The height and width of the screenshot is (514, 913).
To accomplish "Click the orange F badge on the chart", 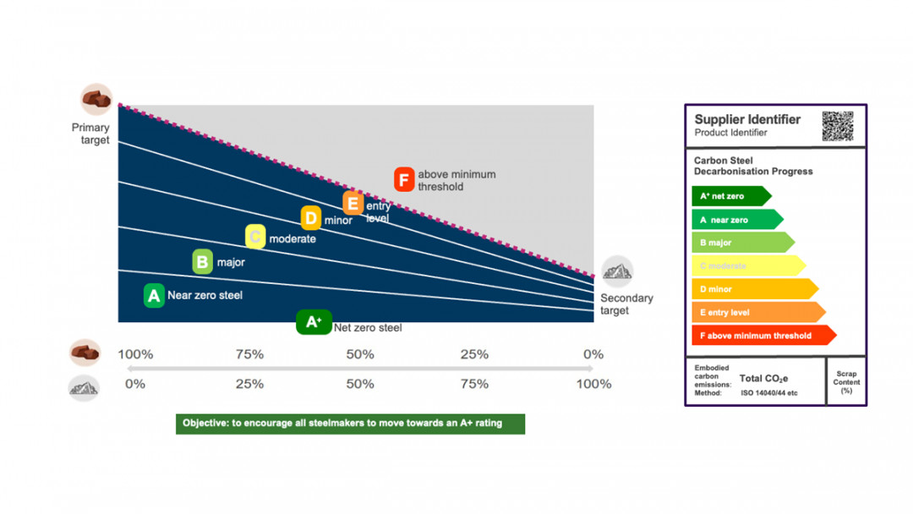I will (x=404, y=179).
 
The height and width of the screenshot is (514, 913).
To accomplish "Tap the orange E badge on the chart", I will (x=353, y=203).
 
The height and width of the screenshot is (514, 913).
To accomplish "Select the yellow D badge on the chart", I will (x=311, y=218).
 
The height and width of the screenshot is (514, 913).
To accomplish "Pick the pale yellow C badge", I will (x=255, y=237).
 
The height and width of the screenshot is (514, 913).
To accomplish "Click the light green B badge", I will (x=202, y=261).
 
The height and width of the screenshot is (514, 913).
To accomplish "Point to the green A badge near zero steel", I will (x=153, y=295).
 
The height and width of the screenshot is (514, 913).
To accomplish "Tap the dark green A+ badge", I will (x=314, y=322).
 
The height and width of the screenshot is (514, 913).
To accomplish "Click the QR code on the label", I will (x=837, y=126).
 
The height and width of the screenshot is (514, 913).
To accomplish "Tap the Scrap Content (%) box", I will (x=846, y=381).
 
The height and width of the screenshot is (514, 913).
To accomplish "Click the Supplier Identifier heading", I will (x=747, y=119).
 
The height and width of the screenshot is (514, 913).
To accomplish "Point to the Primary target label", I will (x=90, y=134).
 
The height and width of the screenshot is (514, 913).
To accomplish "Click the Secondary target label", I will (x=626, y=304).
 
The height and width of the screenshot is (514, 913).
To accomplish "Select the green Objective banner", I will (x=350, y=423).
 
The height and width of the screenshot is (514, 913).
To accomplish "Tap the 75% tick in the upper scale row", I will (x=249, y=354).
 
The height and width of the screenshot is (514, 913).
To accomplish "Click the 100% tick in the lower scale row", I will (x=593, y=384).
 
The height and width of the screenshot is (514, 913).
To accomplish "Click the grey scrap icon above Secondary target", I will (x=617, y=271).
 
